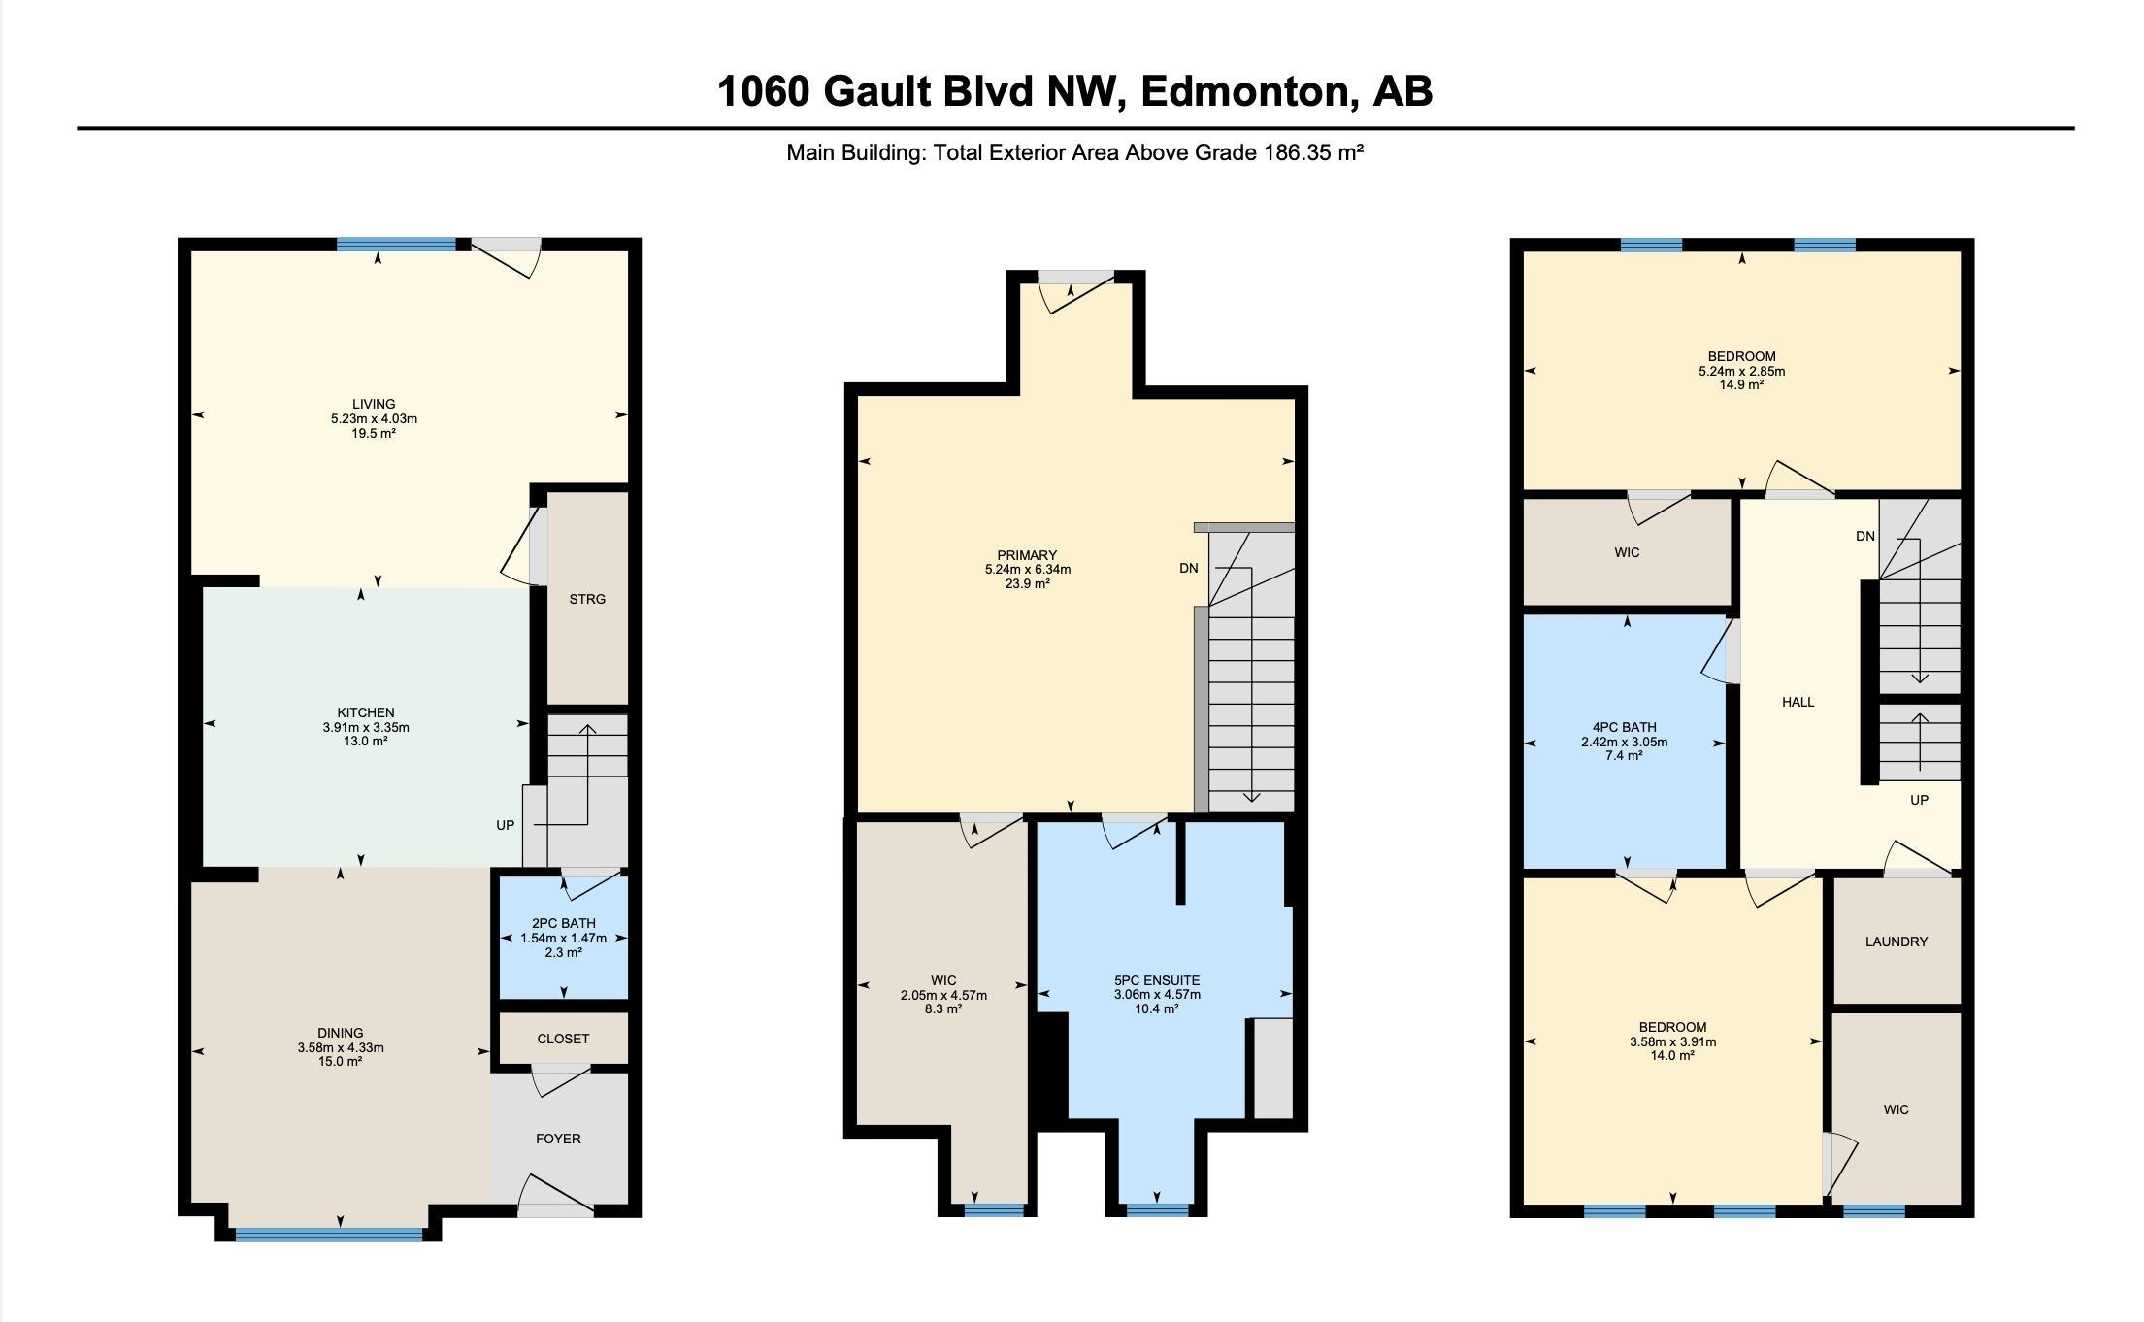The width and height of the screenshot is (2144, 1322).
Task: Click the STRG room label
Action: [587, 599]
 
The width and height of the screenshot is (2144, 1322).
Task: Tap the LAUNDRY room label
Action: [1897, 942]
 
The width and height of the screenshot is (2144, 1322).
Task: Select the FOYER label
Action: [558, 1139]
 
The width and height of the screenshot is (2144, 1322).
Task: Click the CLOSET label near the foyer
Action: [563, 1039]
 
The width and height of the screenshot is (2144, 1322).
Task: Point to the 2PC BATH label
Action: [564, 923]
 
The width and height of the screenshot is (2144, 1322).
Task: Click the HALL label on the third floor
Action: [1798, 702]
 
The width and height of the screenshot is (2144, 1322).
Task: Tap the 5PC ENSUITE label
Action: [1157, 980]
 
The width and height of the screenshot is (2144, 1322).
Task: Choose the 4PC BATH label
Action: [1625, 727]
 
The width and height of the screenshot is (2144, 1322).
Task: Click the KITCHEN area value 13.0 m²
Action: [366, 742]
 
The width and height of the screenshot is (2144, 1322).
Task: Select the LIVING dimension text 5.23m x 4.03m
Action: [374, 418]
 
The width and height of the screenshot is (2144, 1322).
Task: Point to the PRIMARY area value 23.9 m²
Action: [1027, 583]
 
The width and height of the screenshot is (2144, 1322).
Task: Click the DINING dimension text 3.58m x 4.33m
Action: [341, 1047]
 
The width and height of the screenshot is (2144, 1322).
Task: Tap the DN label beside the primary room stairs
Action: [1189, 568]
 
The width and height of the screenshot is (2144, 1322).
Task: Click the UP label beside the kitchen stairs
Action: [505, 825]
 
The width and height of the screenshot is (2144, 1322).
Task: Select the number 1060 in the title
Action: [763, 91]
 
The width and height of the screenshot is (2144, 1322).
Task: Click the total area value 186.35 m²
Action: [1313, 152]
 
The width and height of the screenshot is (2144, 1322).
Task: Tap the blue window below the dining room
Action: [329, 1235]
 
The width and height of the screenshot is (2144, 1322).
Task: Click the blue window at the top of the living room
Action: [396, 245]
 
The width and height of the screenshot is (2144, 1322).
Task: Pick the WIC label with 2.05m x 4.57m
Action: [943, 980]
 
